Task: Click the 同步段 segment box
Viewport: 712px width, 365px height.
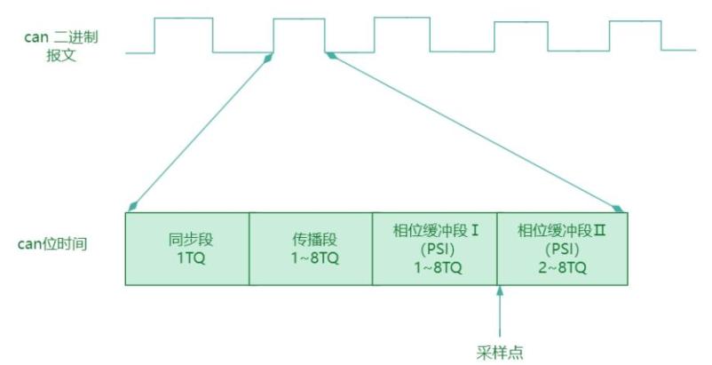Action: (187, 249)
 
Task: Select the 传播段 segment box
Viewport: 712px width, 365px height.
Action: (311, 249)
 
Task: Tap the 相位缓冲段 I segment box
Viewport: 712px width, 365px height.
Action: (435, 249)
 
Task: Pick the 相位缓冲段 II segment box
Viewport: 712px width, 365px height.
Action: (563, 249)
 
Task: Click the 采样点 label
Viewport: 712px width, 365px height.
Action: (500, 353)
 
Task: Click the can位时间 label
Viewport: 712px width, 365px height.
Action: (52, 244)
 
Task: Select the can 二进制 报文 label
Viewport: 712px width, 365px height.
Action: (61, 46)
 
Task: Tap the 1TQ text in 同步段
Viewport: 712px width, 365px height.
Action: (191, 258)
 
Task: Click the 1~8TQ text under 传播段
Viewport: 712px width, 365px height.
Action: (314, 258)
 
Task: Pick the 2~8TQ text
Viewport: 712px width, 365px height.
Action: (563, 267)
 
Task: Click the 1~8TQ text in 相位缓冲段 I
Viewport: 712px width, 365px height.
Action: (438, 267)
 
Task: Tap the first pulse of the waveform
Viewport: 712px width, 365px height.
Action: (184, 35)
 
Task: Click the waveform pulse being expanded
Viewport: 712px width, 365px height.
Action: (299, 35)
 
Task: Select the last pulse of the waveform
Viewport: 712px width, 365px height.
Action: (636, 36)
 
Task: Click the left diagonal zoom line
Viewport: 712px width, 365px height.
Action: (201, 132)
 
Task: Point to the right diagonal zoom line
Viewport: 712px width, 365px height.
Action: (475, 132)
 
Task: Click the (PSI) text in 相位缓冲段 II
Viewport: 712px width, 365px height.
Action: (563, 250)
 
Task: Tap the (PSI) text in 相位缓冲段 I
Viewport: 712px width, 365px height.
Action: (438, 250)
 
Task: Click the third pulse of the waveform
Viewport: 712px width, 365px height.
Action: (402, 35)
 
